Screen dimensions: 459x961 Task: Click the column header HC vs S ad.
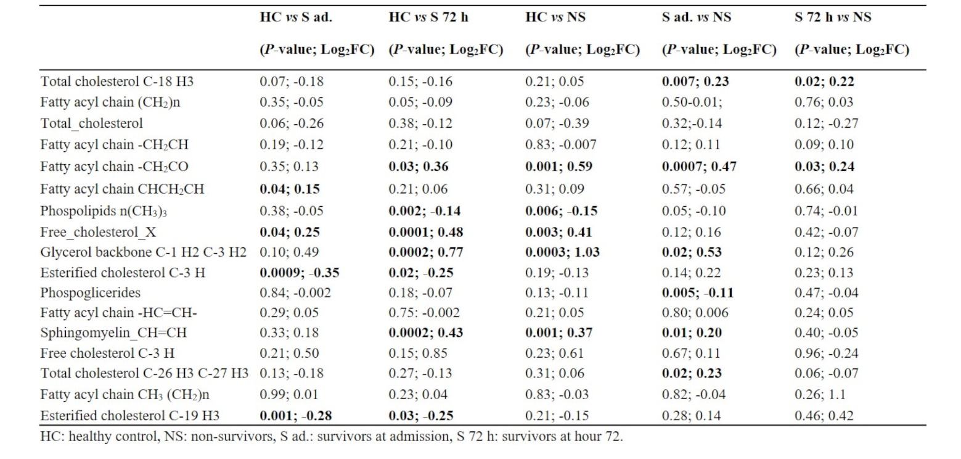coord(296,17)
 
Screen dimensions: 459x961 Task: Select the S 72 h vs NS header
coord(833,17)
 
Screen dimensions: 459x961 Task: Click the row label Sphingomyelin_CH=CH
coord(105,333)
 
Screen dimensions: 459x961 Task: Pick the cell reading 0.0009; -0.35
coord(300,272)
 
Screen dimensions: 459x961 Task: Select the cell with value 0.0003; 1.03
coord(562,252)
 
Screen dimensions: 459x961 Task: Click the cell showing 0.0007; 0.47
coord(699,166)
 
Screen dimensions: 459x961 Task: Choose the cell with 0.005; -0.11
coord(698,292)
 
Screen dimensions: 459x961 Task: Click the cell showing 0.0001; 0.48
coord(426,232)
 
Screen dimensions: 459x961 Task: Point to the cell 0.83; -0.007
coord(561,144)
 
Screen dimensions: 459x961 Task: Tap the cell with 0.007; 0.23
coord(695,81)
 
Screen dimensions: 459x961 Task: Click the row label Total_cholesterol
coord(92,123)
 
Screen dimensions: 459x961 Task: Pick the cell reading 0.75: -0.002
coord(423,313)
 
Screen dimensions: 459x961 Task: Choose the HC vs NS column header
coord(555,17)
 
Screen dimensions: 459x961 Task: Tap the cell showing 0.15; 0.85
coord(418,353)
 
